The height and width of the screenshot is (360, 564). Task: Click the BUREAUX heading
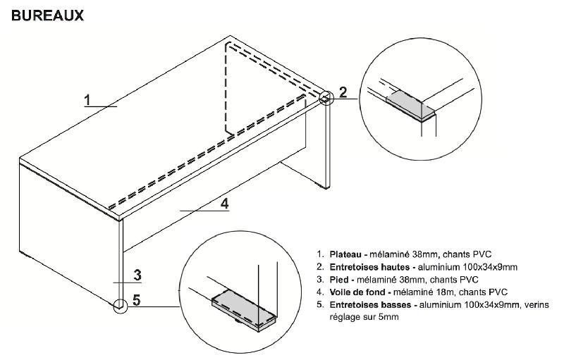[x=48, y=15]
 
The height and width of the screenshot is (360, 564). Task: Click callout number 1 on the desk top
[x=88, y=99]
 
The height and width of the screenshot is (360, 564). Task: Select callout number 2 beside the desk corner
[x=343, y=91]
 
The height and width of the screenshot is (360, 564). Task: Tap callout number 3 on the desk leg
[x=139, y=274]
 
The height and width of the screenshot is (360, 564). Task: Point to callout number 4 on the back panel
[x=225, y=204]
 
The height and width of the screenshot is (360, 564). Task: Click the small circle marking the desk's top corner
[x=326, y=97]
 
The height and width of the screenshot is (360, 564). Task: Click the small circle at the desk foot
[x=119, y=305]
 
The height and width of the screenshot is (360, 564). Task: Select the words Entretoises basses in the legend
[x=368, y=304]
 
